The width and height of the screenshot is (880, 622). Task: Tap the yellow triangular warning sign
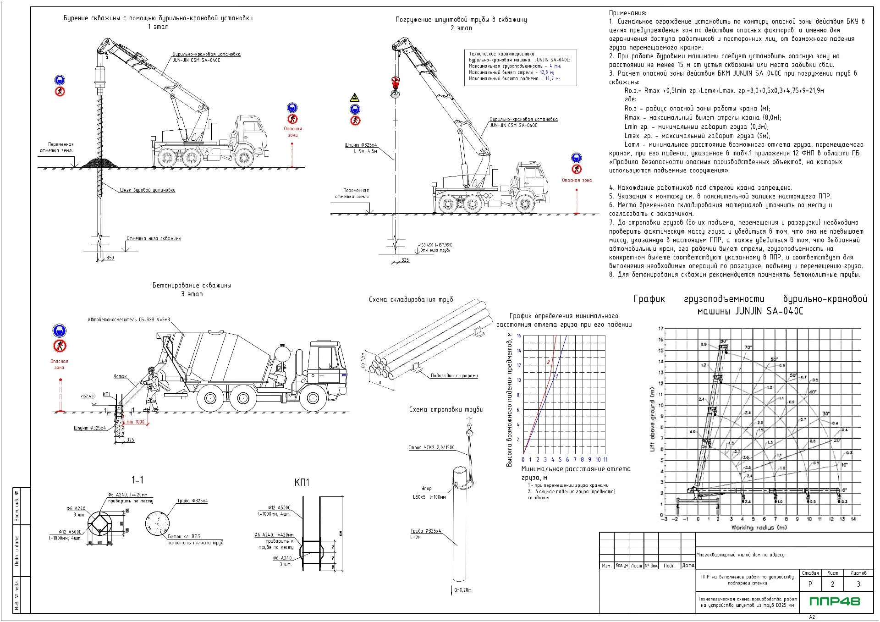coord(354,98)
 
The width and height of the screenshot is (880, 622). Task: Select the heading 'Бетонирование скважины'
coord(192,285)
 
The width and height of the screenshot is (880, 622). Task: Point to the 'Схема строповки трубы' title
coord(446,409)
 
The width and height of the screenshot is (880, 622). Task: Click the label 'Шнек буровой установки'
coord(148,190)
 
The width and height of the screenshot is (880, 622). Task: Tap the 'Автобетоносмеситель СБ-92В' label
coord(129,319)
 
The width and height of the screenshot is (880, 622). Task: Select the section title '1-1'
coord(137,480)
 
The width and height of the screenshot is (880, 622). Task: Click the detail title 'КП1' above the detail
coord(302,482)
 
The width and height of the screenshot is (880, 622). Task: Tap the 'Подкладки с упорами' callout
coord(454,376)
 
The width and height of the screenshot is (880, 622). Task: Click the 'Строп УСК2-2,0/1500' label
coord(431,447)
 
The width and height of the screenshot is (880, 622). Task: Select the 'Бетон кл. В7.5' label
coord(184,536)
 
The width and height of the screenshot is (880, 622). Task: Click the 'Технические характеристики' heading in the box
coord(501,54)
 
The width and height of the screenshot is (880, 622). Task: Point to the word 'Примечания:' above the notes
coord(627,13)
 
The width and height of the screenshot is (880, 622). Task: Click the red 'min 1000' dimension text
coord(135,422)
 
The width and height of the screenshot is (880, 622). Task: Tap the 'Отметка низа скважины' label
coord(154,238)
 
